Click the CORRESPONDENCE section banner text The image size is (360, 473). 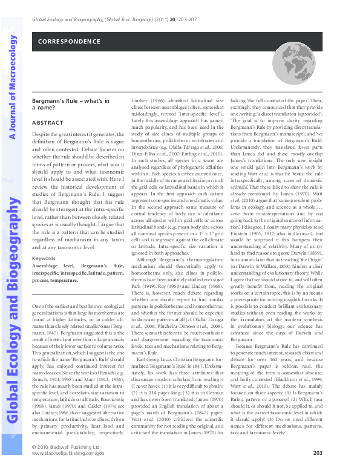click(68, 42)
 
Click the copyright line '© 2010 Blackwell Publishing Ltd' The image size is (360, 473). click(61, 446)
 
